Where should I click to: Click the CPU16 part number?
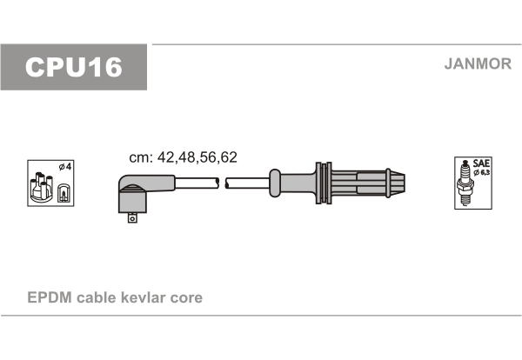74,67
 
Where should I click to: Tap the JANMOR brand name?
478,63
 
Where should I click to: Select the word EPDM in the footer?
50,297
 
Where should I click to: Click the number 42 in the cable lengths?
165,157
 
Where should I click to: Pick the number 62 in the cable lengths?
229,157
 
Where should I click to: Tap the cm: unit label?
141,157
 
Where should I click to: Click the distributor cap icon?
42,187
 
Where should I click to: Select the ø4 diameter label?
65,166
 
